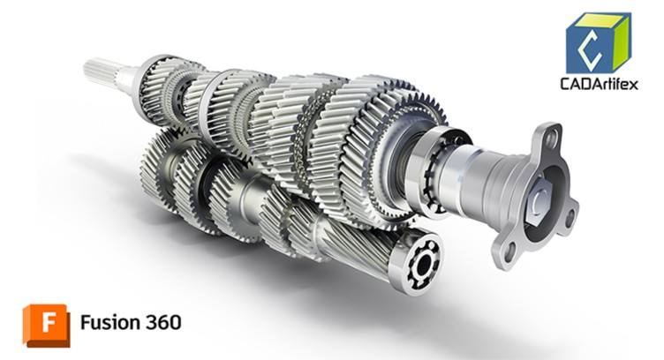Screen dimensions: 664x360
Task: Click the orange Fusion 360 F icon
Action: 47,326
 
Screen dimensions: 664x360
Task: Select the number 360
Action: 163,322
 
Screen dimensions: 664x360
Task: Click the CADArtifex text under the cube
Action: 599,83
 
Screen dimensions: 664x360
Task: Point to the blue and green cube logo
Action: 599,42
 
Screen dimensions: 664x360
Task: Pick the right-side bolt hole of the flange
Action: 570,216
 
